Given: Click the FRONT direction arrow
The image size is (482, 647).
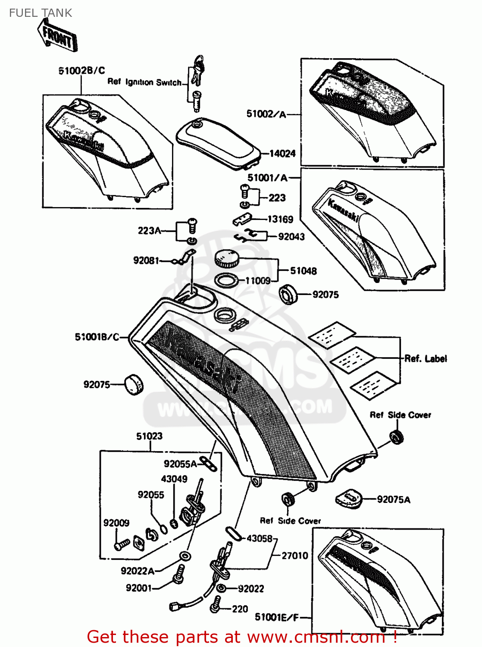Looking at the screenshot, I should pyautogui.click(x=57, y=36).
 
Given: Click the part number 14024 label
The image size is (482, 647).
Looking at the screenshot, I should pyautogui.click(x=282, y=153).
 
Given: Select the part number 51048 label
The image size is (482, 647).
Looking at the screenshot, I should pyautogui.click(x=303, y=271).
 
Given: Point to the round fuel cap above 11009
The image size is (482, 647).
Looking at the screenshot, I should pyautogui.click(x=226, y=258).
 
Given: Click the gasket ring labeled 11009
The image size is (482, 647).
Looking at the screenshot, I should pyautogui.click(x=226, y=281).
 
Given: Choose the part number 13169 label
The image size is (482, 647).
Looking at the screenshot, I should pyautogui.click(x=280, y=219).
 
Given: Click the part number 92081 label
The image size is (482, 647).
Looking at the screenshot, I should pyautogui.click(x=146, y=260).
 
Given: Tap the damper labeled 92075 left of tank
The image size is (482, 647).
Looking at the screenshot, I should pyautogui.click(x=133, y=384).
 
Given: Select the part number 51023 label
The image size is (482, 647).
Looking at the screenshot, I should pyautogui.click(x=149, y=436).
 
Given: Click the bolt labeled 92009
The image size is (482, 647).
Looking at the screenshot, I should pyautogui.click(x=122, y=544).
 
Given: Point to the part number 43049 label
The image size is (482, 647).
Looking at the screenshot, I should pyautogui.click(x=174, y=479).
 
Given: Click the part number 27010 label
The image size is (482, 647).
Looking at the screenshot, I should pyautogui.click(x=295, y=556).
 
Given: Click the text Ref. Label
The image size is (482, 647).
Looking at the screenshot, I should pyautogui.click(x=426, y=358).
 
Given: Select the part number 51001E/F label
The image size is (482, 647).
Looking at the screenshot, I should pyautogui.click(x=276, y=617).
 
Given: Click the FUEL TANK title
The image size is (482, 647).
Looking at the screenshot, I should pyautogui.click(x=41, y=13).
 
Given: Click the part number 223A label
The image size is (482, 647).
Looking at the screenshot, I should pyautogui.click(x=149, y=231).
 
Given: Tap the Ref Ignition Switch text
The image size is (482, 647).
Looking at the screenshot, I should pyautogui.click(x=144, y=82).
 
